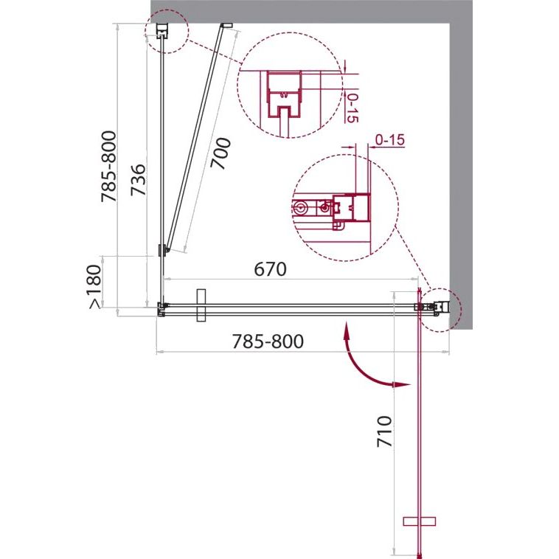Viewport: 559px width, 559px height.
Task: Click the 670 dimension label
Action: [270, 269]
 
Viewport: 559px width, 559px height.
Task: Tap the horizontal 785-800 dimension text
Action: [268, 341]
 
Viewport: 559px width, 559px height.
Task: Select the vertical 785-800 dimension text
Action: [108, 167]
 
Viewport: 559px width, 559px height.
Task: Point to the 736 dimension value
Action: [138, 180]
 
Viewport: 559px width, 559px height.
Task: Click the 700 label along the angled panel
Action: [221, 153]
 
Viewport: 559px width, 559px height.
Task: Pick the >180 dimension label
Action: [95, 286]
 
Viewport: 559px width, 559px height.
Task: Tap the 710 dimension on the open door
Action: [384, 431]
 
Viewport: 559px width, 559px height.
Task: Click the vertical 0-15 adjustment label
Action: [352, 108]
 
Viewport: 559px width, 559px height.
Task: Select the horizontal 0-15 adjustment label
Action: [390, 140]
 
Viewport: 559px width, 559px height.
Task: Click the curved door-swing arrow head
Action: [402, 385]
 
